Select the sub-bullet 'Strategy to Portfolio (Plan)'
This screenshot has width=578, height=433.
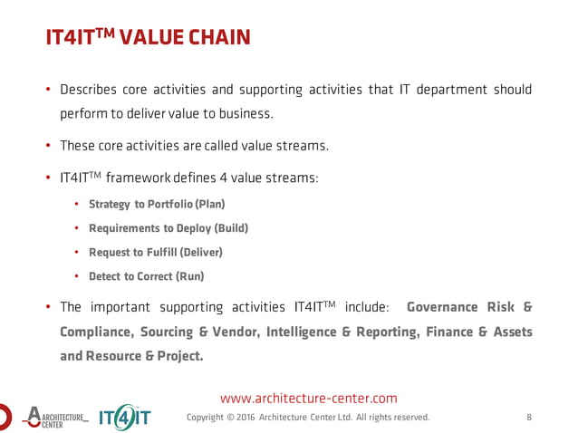click(x=156, y=204)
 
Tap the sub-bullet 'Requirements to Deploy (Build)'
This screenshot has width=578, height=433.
click(x=168, y=228)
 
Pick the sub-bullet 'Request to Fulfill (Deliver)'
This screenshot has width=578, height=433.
click(x=155, y=252)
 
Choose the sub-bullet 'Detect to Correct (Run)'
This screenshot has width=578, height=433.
click(x=146, y=276)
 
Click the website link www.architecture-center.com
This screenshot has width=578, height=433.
click(x=309, y=398)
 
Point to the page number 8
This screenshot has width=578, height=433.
click(x=528, y=417)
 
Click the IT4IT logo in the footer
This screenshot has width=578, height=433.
click(x=124, y=417)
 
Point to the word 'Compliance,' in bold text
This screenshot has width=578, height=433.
click(x=96, y=332)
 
